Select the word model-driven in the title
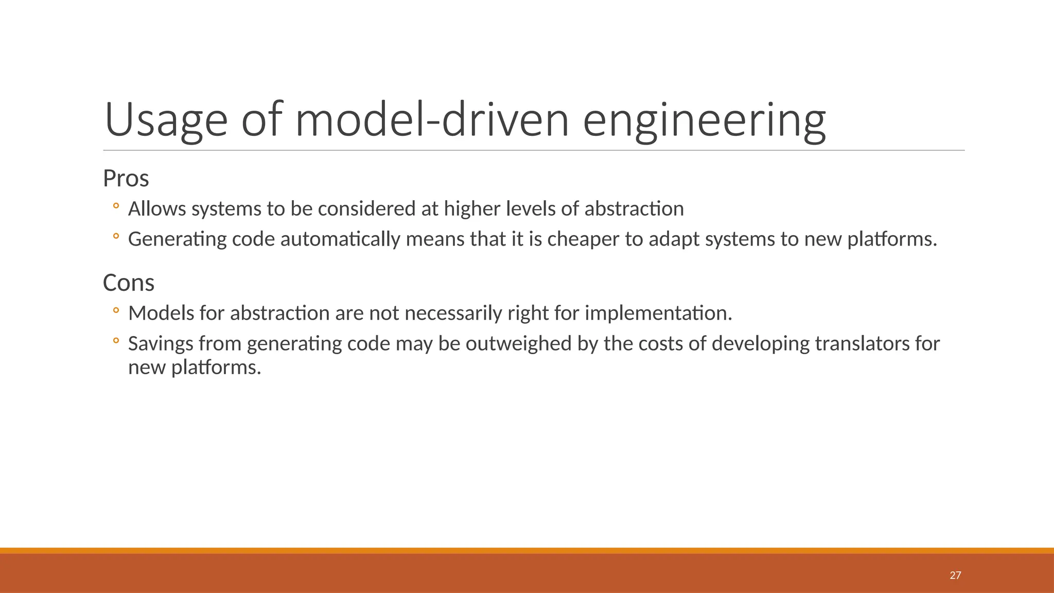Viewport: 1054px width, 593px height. click(x=432, y=120)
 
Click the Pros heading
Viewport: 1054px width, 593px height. click(x=126, y=179)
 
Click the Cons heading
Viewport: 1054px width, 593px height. click(x=128, y=283)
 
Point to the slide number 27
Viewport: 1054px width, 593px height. click(x=955, y=575)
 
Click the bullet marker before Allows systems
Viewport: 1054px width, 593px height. click(x=116, y=207)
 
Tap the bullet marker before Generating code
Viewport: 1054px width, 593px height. click(x=116, y=237)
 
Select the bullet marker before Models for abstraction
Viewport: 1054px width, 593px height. click(x=116, y=311)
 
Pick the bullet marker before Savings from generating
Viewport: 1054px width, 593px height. click(x=116, y=341)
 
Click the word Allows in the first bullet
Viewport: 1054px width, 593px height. click(x=157, y=209)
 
